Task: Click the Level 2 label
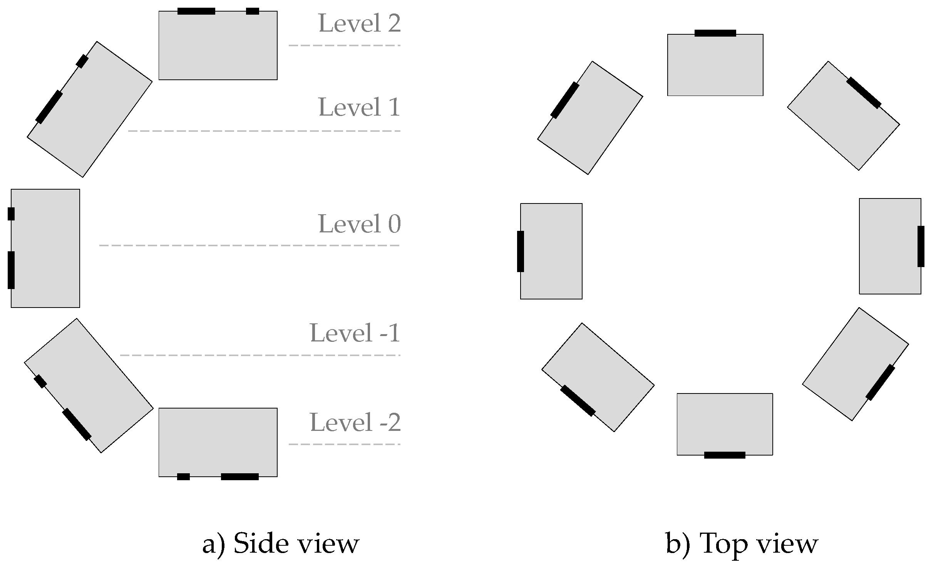point(359,23)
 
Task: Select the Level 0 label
point(359,224)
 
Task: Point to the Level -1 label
point(355,333)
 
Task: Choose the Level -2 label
point(355,422)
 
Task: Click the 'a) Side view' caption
point(281,544)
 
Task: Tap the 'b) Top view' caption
point(742,544)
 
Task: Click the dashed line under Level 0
point(249,245)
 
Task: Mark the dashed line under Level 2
point(344,45)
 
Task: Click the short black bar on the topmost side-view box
point(253,11)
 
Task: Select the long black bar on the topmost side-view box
point(196,11)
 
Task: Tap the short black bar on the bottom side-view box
point(183,477)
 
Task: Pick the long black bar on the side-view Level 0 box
point(11,270)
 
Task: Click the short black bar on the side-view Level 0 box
point(11,214)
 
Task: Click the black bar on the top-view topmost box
point(715,33)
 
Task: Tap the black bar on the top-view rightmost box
point(921,246)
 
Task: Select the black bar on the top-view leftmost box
point(521,251)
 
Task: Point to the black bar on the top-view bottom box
point(725,455)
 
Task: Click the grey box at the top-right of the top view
point(843,116)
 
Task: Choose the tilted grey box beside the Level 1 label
point(90,109)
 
